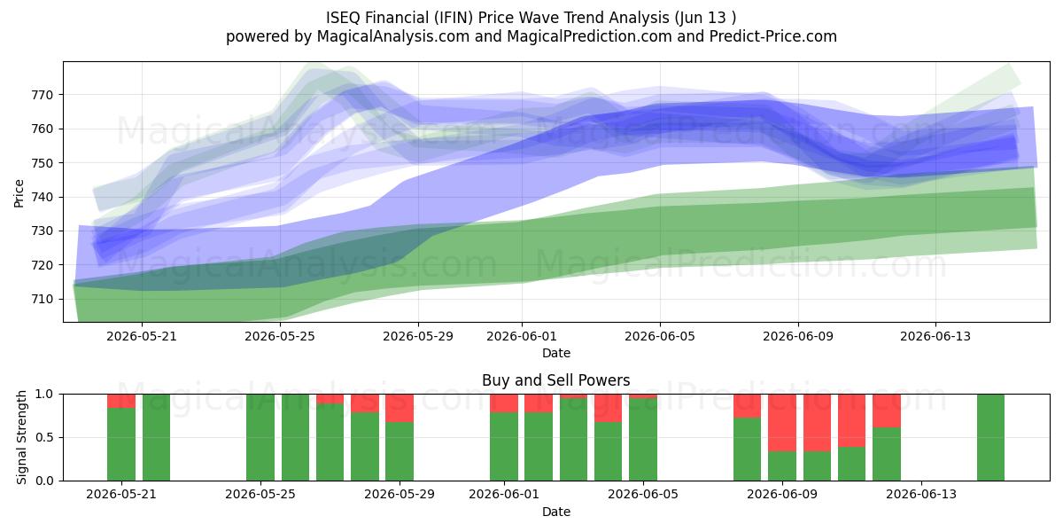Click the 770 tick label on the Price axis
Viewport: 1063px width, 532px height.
pyautogui.click(x=42, y=95)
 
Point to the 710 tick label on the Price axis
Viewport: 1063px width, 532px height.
pyautogui.click(x=42, y=300)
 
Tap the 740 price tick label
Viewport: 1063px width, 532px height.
pyautogui.click(x=42, y=197)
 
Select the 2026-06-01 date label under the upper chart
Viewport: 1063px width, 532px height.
pyautogui.click(x=522, y=336)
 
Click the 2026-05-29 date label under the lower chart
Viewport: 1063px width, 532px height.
pyautogui.click(x=400, y=494)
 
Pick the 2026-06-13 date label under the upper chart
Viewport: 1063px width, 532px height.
pyautogui.click(x=935, y=336)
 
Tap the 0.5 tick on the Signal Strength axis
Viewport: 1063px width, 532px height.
pyautogui.click(x=44, y=437)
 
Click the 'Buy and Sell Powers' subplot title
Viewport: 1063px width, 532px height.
pyautogui.click(x=555, y=380)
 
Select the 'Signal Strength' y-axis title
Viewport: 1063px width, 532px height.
pyautogui.click(x=21, y=437)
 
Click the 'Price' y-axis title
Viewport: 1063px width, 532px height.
pyautogui.click(x=19, y=193)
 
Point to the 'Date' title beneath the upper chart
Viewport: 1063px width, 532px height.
pyautogui.click(x=556, y=353)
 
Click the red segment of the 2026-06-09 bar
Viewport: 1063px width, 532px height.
pyautogui.click(x=782, y=423)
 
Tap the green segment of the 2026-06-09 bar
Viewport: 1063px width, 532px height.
pyautogui.click(x=782, y=466)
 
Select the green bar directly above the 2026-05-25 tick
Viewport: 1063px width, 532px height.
pyautogui.click(x=260, y=437)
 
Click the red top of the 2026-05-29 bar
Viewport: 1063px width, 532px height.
pyautogui.click(x=400, y=408)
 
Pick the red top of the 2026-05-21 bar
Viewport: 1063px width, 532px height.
pyautogui.click(x=121, y=401)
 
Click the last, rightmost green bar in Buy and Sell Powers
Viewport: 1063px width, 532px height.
pyautogui.click(x=991, y=437)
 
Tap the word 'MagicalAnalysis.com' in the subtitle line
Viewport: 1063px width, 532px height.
pyautogui.click(x=393, y=36)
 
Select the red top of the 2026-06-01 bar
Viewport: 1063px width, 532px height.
pyautogui.click(x=504, y=403)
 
